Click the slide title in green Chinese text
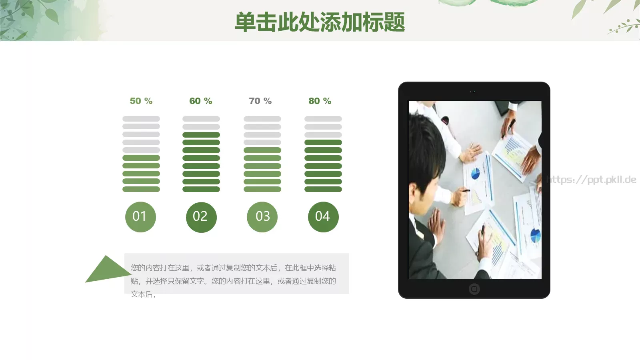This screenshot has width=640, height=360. [320, 22]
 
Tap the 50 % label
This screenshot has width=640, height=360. [141, 101]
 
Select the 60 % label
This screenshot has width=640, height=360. [200, 101]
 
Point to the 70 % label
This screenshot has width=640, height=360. [260, 101]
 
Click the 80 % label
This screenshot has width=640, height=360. [320, 101]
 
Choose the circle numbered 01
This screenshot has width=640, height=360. [140, 217]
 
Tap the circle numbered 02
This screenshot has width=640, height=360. [201, 217]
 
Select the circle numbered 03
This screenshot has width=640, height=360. [262, 217]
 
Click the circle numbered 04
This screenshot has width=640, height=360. [323, 217]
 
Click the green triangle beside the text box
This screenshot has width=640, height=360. [105, 271]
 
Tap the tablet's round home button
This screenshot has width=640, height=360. [474, 289]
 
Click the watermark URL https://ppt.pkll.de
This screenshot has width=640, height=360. [591, 180]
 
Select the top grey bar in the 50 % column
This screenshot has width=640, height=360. [141, 119]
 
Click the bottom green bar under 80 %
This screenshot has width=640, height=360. [323, 189]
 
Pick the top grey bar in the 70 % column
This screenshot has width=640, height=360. [262, 119]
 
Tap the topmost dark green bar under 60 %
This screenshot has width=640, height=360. [201, 135]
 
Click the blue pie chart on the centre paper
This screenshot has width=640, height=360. [475, 174]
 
